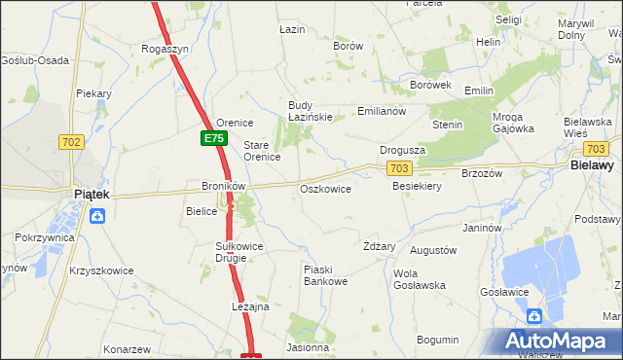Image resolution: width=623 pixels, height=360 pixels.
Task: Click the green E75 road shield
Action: pyautogui.click(x=214, y=139)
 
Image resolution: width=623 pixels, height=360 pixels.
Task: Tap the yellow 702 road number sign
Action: pyautogui.click(x=70, y=141)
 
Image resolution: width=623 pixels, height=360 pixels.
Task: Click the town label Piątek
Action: pyautogui.click(x=93, y=195)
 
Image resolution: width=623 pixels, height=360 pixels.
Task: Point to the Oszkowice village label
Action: pyautogui.click(x=325, y=189)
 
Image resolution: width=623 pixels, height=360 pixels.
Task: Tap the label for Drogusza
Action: pyautogui.click(x=403, y=151)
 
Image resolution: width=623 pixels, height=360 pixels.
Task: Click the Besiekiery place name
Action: pyautogui.click(x=418, y=186)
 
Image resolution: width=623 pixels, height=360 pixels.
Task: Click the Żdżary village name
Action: pyautogui.click(x=379, y=246)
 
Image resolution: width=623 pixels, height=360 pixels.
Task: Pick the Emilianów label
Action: pyautogui.click(x=382, y=111)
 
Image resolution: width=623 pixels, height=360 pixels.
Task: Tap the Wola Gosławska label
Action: pyautogui.click(x=419, y=279)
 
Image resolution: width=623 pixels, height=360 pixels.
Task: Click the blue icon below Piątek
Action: pyautogui.click(x=97, y=216)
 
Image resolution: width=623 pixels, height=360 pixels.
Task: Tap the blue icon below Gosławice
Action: pyautogui.click(x=533, y=315)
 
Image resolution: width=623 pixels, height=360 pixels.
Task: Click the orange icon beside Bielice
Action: pyautogui.click(x=232, y=205)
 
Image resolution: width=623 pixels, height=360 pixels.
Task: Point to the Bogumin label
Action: pyautogui.click(x=437, y=340)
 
